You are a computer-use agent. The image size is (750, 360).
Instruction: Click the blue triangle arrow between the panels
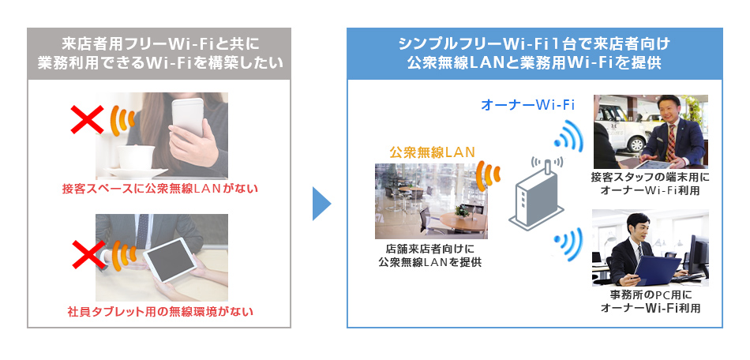coord(321,203)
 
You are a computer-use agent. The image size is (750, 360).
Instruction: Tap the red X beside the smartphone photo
coord(87,119)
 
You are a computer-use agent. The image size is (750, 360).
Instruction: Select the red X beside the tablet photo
coord(88,254)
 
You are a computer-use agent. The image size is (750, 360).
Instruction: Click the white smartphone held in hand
coord(187,116)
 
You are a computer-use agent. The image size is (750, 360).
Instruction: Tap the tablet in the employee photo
coord(171,260)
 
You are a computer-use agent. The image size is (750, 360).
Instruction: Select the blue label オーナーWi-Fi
coord(527,105)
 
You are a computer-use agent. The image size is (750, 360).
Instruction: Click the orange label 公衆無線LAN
coord(432,152)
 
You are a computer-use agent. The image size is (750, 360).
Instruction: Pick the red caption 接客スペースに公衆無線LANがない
coord(159,189)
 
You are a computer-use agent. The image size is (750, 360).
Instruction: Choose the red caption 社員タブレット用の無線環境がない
coord(159,312)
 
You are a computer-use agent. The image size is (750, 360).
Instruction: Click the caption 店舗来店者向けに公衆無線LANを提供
coord(429,256)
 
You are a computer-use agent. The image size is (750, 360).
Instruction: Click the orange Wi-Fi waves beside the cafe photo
coord(489,174)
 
